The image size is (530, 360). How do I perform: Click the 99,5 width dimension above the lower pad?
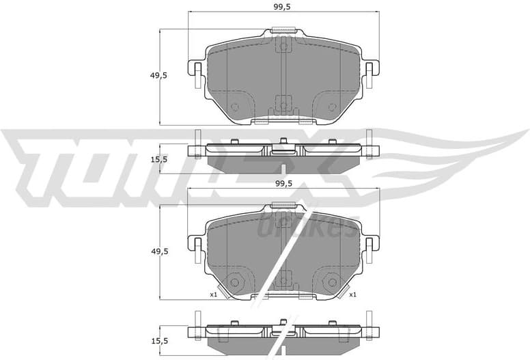282,184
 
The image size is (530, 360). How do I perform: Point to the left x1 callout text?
213,294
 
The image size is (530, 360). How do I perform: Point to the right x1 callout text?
352,294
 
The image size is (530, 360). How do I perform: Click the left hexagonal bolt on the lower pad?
235,281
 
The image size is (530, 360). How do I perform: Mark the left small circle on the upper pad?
235,107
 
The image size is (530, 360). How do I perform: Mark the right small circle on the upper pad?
332,107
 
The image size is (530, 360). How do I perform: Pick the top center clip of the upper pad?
283,30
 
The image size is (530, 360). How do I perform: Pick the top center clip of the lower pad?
283,205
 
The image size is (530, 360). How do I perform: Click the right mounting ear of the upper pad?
370,74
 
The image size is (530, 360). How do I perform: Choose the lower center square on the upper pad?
283,106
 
